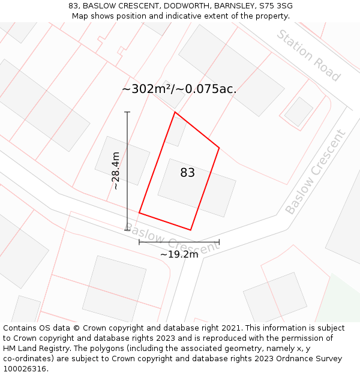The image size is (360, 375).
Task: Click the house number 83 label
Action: tap(187, 173)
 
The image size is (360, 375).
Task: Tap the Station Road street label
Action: tap(308, 55)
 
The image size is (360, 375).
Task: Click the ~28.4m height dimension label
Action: tap(116, 170)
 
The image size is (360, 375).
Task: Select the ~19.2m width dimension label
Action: tap(179, 254)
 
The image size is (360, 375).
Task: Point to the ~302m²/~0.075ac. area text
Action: tap(179, 89)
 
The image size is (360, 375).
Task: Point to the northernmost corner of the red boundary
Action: tap(175, 112)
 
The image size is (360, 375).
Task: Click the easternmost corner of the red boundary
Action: tap(219, 148)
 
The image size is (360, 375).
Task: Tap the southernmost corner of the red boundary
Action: tap(190, 230)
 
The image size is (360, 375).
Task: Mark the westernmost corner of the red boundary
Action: tap(139, 212)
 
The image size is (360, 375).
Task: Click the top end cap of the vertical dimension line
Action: tap(127, 112)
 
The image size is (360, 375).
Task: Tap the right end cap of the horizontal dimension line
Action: tap(219, 242)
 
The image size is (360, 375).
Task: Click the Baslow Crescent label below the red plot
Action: tap(172, 240)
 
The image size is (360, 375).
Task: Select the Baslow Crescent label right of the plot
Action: tap(316, 172)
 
